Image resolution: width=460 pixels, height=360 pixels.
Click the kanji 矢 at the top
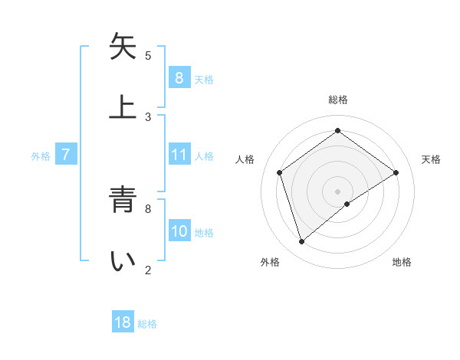pyautogui.click(x=123, y=47)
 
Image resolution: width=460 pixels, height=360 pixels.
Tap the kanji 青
pyautogui.click(x=123, y=201)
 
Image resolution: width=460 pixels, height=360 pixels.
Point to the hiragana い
pyautogui.click(x=123, y=261)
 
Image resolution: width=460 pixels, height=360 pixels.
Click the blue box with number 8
pyautogui.click(x=179, y=77)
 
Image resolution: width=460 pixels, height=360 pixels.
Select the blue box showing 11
pyautogui.click(x=179, y=155)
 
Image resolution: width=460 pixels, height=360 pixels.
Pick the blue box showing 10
pyautogui.click(x=179, y=231)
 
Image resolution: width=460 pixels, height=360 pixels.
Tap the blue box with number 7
pyautogui.click(x=66, y=155)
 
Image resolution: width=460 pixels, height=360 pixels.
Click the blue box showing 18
pyautogui.click(x=123, y=322)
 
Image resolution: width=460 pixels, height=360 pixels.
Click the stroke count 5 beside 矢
pyautogui.click(x=148, y=55)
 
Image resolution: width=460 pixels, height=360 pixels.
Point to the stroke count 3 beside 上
pyautogui.click(x=148, y=116)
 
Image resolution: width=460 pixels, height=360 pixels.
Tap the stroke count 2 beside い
pyautogui.click(x=148, y=270)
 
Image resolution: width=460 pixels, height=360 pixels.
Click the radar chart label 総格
pyautogui.click(x=338, y=100)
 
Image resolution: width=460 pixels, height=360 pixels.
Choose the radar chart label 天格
pyautogui.click(x=431, y=159)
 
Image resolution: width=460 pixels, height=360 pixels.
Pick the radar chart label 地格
pyautogui.click(x=402, y=262)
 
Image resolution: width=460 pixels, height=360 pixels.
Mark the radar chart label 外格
pyautogui.click(x=270, y=262)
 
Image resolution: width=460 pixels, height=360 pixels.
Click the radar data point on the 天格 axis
pyautogui.click(x=396, y=172)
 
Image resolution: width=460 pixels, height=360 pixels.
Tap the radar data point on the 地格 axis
pyautogui.click(x=347, y=204)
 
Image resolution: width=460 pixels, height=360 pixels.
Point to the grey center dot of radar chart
pyautogui.click(x=338, y=191)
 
